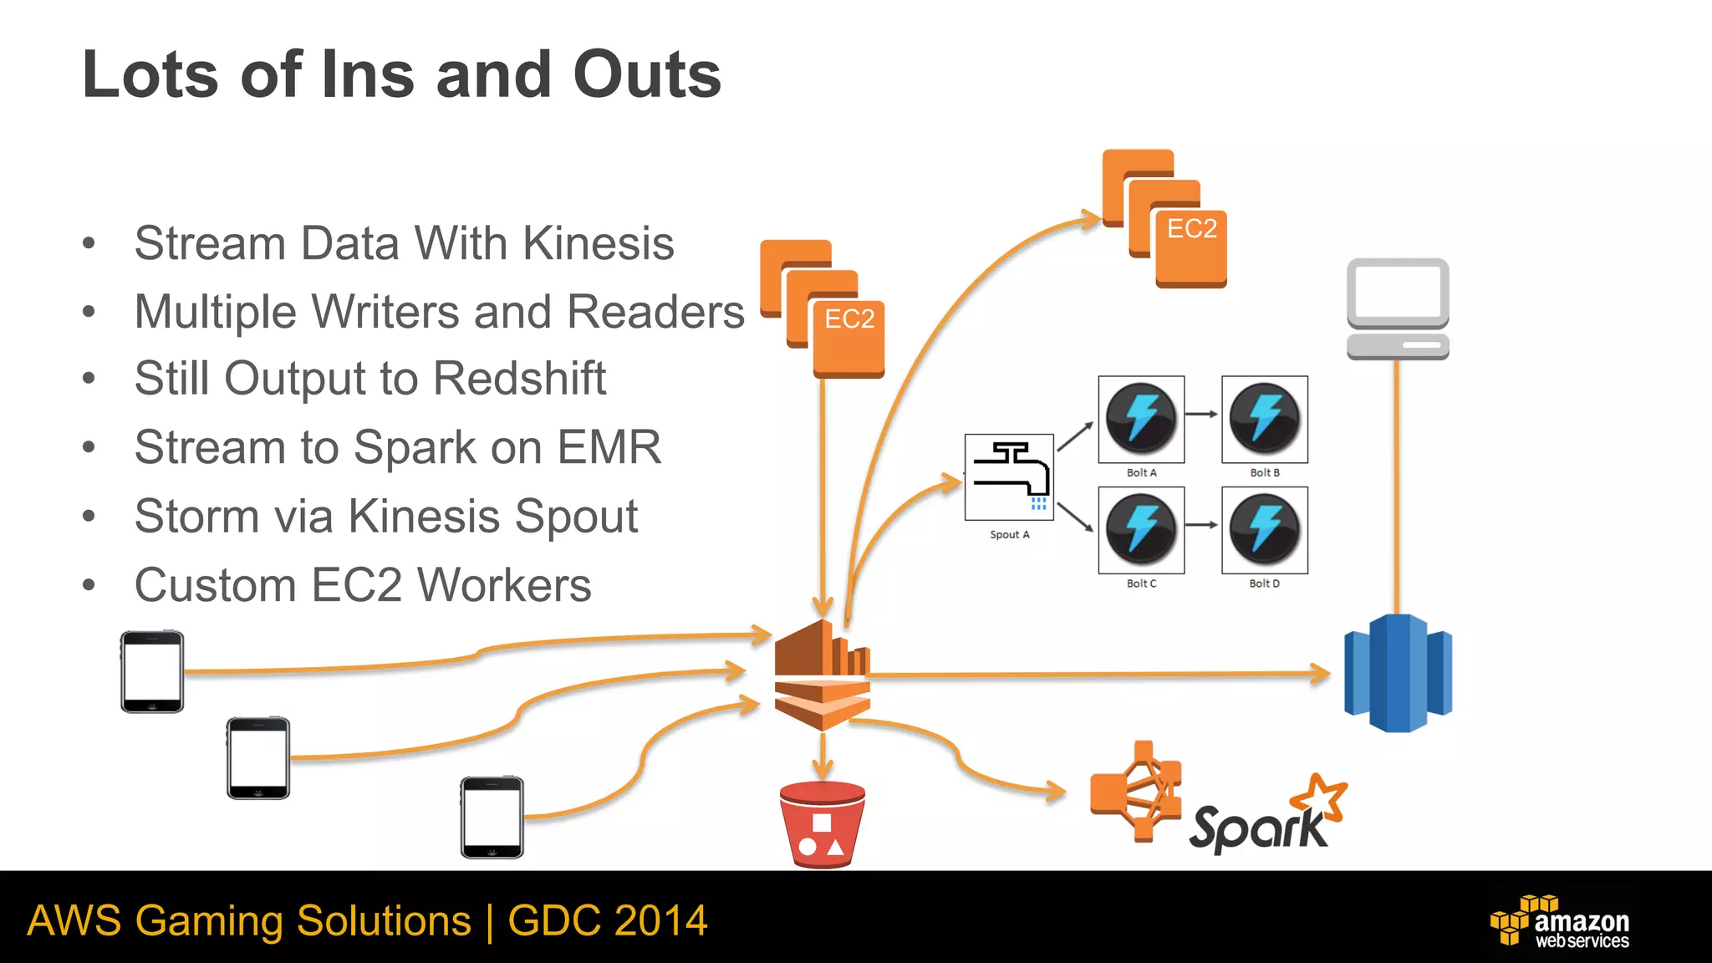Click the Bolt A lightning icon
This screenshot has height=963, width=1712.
point(1141,418)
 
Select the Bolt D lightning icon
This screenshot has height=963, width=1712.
point(1264,529)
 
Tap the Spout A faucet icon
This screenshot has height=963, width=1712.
point(1009,476)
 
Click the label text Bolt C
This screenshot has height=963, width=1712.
point(1141,583)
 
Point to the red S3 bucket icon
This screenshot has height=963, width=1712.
point(823,825)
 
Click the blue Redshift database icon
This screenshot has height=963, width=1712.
point(1398,673)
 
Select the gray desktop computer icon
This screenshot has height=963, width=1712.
point(1398,308)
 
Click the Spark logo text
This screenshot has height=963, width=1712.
point(1258,827)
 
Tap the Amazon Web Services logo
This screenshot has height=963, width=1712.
point(1561,921)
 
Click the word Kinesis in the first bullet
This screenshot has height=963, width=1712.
point(598,243)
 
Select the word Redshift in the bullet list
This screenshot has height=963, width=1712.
point(519,378)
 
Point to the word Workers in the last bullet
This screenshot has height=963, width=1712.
point(504,584)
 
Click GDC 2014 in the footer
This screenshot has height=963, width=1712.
point(608,920)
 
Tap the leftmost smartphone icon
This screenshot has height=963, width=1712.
point(152,671)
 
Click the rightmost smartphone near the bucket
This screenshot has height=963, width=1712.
point(492,817)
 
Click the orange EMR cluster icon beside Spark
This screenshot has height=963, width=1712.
point(1135,791)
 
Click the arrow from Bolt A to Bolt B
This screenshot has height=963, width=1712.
point(1202,414)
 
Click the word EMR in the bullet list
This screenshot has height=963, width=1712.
point(609,447)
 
